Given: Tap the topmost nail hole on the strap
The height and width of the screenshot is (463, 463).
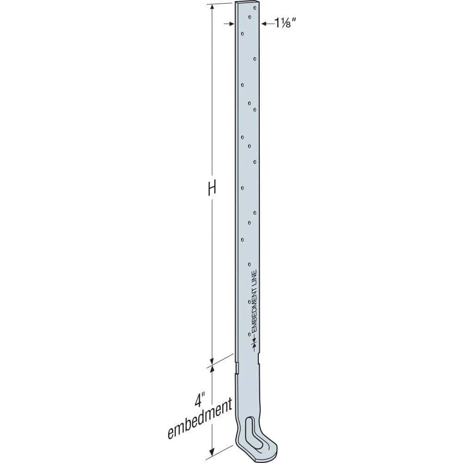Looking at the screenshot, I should pos(250,17).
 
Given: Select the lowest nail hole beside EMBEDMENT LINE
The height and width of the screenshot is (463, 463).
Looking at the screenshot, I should pos(250,334).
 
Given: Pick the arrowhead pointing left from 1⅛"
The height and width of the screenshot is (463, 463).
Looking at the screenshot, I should pos(263,23).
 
